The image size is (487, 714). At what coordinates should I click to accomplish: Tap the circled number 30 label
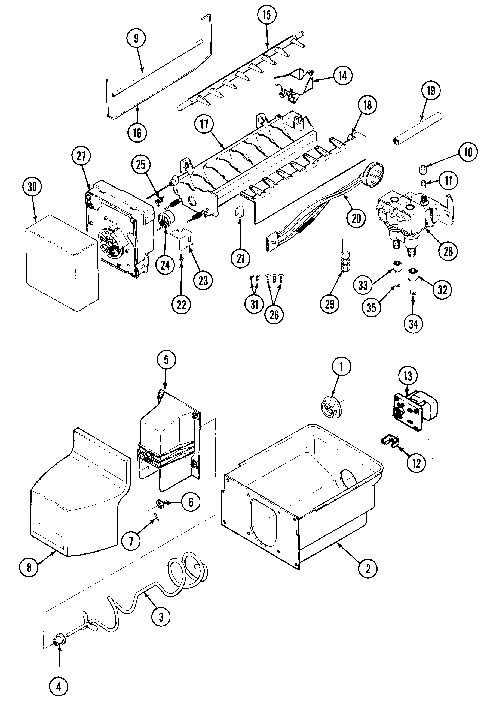click(x=32, y=187)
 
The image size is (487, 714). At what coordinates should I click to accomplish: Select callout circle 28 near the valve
click(x=448, y=252)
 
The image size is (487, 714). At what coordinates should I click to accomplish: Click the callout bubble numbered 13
click(x=408, y=376)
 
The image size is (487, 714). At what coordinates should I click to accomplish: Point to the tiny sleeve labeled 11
click(x=424, y=184)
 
